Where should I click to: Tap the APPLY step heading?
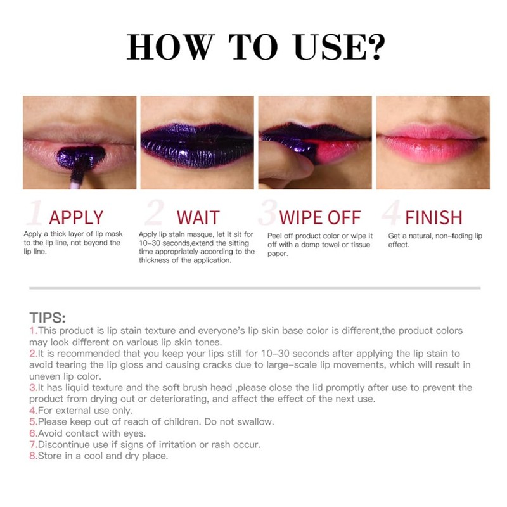[x=76, y=217]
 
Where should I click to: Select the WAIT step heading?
[x=198, y=217]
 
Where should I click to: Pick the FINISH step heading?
[x=433, y=217]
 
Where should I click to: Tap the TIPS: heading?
[x=48, y=318]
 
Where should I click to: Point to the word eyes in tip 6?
[x=134, y=433]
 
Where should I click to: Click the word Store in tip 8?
[x=51, y=456]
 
